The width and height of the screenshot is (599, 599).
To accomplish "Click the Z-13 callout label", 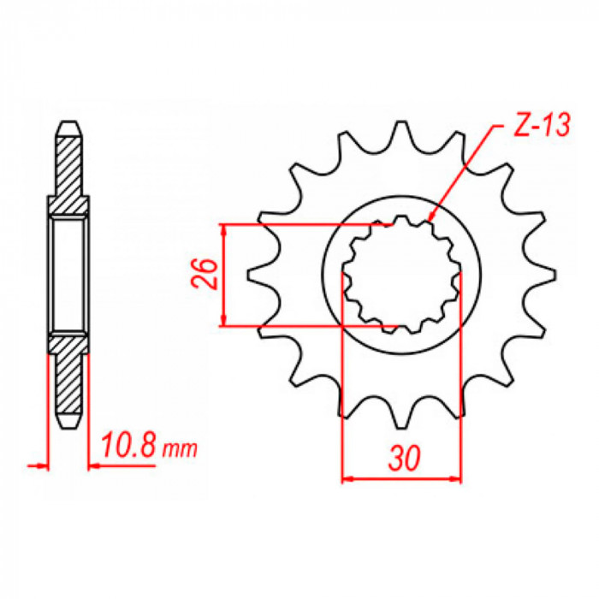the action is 542,125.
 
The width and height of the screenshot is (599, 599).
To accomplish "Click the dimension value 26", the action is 205,274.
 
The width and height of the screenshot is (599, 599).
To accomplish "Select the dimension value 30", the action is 404,458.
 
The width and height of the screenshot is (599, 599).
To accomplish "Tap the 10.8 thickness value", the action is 128,445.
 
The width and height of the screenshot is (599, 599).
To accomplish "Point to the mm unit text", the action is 180,449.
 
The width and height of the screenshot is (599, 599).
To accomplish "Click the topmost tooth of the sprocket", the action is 400,133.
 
